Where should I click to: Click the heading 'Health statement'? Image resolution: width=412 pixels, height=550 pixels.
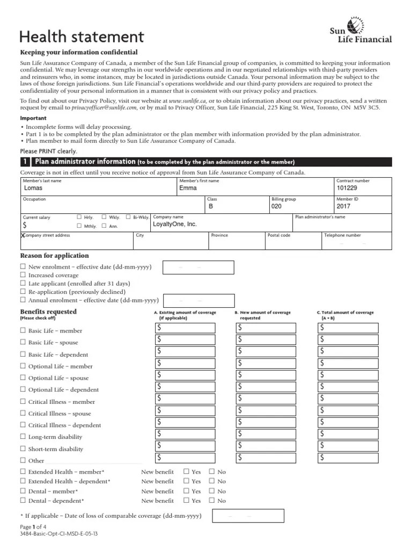pos(82,37)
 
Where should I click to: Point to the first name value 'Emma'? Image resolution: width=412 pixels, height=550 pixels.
pos(188,188)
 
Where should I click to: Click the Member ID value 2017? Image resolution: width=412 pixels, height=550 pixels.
pos(343,206)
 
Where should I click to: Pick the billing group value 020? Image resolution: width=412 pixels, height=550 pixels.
pos(276,206)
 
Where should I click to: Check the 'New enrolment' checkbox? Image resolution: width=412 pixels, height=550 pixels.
pos(23,267)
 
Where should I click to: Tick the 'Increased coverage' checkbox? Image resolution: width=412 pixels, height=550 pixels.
pos(23,275)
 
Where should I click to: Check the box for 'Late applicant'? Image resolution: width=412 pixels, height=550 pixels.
pos(23,283)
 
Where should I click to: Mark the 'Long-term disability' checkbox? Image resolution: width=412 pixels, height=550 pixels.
pos(23,437)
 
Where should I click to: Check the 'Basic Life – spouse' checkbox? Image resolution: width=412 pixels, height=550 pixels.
pos(23,342)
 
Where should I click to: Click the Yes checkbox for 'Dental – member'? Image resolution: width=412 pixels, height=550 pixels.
pos(187,491)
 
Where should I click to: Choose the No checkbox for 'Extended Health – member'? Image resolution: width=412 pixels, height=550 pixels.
pos(212,472)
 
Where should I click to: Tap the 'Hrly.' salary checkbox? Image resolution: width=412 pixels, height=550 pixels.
pos(79,217)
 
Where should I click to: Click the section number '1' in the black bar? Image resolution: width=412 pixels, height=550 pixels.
pos(25,162)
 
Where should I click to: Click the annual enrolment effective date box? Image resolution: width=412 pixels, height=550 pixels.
pos(198,301)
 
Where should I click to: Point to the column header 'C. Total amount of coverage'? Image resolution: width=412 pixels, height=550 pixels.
pos(345,315)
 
